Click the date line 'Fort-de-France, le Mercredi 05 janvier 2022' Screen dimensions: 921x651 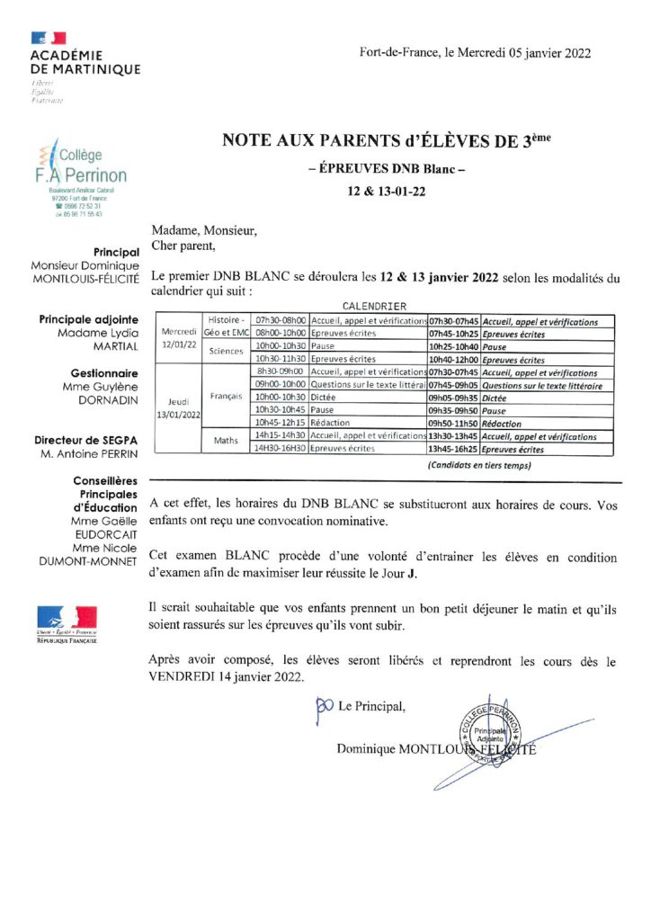click(475, 53)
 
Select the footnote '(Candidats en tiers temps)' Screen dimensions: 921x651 click(477, 465)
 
